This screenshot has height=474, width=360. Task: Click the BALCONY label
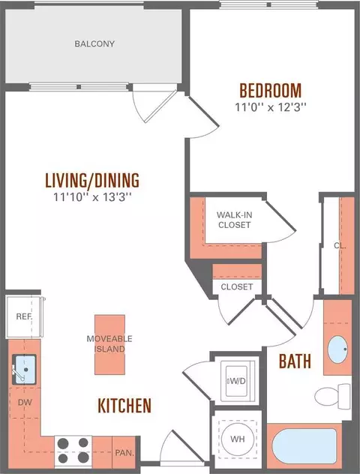[94, 43]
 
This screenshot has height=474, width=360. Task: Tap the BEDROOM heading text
[271, 90]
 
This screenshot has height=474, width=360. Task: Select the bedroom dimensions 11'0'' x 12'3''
[271, 107]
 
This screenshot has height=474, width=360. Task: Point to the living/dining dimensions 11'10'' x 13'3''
[92, 197]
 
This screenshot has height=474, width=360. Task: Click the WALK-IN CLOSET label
[235, 220]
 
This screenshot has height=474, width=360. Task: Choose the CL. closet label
[340, 245]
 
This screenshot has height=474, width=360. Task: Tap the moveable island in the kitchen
[109, 344]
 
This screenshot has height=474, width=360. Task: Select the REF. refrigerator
[24, 316]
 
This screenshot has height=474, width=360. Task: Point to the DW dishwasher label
[25, 402]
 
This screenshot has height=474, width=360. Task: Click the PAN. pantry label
[124, 452]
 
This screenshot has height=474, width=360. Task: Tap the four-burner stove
[73, 451]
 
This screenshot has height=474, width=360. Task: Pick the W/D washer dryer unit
[238, 380]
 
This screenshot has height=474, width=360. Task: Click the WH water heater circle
[238, 439]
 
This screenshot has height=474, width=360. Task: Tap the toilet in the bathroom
[332, 396]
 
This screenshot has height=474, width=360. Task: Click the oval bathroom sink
[338, 349]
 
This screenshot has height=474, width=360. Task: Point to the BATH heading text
[295, 361]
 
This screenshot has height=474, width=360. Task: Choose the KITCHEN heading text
[124, 406]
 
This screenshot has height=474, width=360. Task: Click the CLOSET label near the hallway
[237, 286]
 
